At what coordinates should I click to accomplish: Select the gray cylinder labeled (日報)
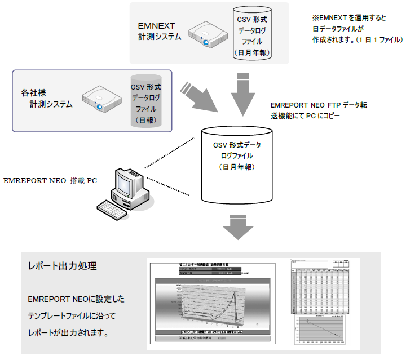tap(145, 101)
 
